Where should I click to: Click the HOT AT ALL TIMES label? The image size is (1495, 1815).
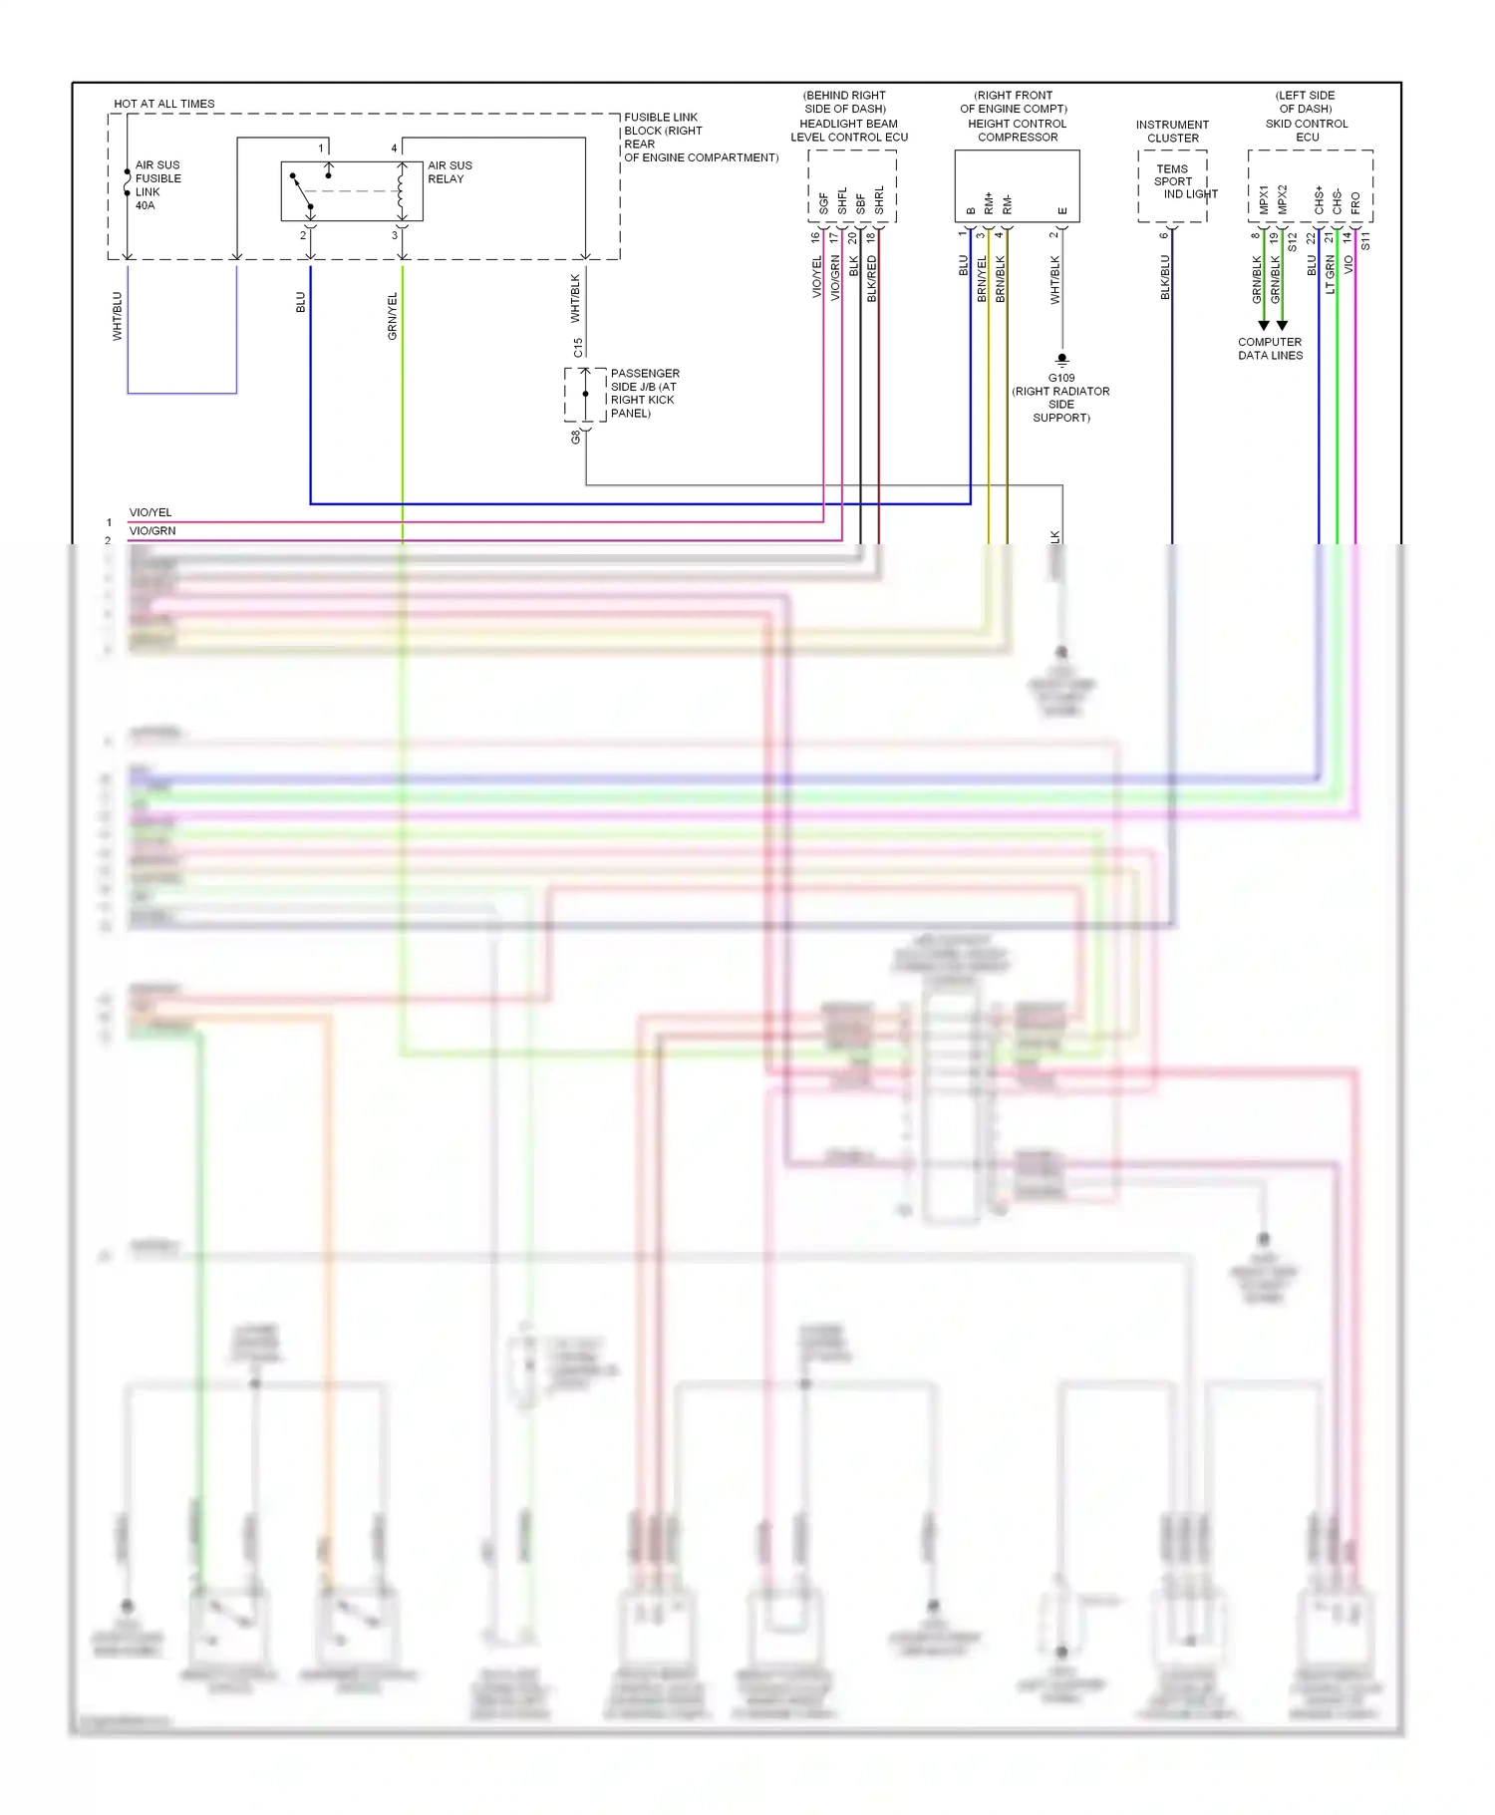(163, 104)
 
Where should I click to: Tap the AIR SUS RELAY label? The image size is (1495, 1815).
(449, 172)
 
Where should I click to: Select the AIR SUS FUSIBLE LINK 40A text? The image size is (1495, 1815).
(157, 185)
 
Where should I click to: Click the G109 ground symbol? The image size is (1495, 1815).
(1061, 360)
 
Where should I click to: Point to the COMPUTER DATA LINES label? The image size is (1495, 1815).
(1270, 349)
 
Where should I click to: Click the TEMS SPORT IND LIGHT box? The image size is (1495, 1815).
(1174, 184)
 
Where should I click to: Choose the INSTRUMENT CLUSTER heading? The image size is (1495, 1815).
(1172, 132)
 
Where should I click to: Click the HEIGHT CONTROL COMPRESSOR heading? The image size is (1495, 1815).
(1017, 131)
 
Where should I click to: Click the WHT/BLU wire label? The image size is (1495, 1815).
(117, 316)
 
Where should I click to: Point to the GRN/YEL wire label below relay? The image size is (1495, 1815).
(392, 316)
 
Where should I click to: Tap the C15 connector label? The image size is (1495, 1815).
(578, 348)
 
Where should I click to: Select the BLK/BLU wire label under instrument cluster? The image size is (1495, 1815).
(1164, 277)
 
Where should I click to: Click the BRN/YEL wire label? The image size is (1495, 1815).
(982, 279)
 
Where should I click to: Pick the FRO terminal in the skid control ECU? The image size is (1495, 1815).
(1355, 203)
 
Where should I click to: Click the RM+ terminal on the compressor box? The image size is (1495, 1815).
(989, 203)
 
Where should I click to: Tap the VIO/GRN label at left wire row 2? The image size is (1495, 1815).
(151, 531)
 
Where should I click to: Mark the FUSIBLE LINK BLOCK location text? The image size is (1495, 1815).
(700, 138)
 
